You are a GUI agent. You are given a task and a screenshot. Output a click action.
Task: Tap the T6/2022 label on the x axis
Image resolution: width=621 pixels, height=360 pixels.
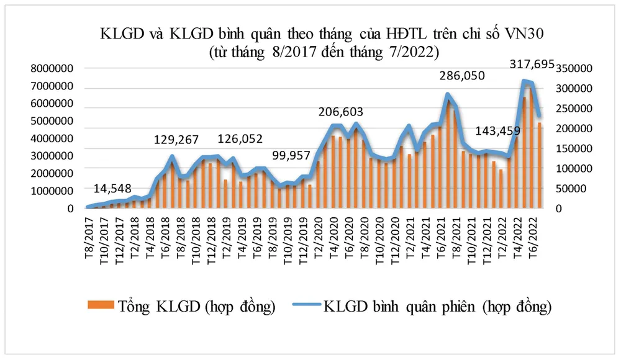pyautogui.click(x=532, y=229)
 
